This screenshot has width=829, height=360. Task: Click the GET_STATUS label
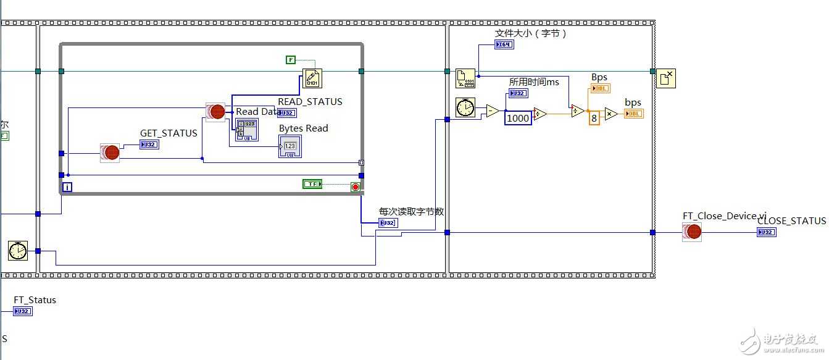(x=169, y=133)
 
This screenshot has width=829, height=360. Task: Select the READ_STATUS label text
(x=310, y=102)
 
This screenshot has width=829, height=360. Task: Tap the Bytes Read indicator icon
(x=290, y=146)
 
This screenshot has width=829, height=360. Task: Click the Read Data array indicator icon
(x=247, y=130)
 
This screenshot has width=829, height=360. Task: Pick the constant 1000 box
(x=518, y=118)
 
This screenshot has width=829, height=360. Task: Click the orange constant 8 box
(x=594, y=118)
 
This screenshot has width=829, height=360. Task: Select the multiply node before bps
(x=611, y=114)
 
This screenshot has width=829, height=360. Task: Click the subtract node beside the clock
(x=493, y=111)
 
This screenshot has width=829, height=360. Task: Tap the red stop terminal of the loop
(x=356, y=186)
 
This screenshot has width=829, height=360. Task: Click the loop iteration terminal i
(x=67, y=186)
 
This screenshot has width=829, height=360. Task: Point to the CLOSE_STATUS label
(x=791, y=221)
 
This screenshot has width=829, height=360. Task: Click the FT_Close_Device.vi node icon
(x=692, y=232)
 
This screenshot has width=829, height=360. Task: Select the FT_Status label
(x=35, y=300)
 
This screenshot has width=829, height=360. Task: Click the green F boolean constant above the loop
(x=291, y=59)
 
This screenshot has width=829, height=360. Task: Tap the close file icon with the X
(x=665, y=78)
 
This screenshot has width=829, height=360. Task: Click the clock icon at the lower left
(x=18, y=251)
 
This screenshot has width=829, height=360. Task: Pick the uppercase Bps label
(x=599, y=77)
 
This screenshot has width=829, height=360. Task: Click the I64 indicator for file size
(x=504, y=44)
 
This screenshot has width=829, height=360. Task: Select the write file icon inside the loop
(x=312, y=78)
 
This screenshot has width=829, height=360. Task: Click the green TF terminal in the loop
(x=312, y=183)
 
